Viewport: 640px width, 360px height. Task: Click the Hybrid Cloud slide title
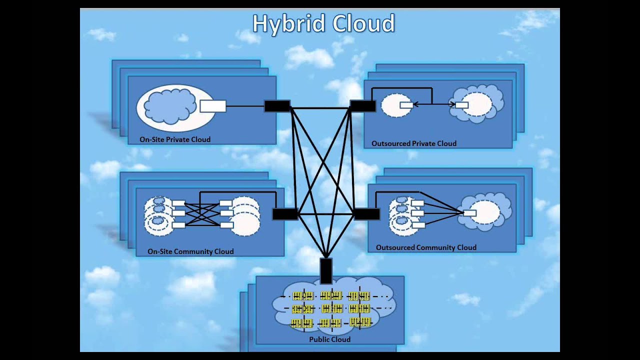tap(323, 24)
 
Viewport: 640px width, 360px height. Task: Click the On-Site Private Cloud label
tap(175, 139)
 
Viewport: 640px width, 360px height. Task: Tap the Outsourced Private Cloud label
tap(413, 143)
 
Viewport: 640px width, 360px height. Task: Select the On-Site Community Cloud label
tap(190, 251)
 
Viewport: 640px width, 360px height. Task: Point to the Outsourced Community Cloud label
tap(426, 247)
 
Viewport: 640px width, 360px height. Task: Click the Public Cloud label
tap(329, 339)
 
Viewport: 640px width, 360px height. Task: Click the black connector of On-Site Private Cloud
tap(277, 106)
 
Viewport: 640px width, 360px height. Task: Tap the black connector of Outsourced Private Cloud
tap(362, 106)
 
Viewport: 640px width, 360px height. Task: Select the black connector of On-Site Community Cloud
tap(285, 214)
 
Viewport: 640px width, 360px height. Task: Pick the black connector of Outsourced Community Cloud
tap(366, 214)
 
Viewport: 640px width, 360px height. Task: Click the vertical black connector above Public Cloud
tap(325, 270)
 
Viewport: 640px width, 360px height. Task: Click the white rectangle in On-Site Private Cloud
tap(213, 106)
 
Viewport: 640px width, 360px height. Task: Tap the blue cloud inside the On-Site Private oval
tap(169, 106)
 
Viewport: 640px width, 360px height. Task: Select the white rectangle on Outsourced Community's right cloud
tap(469, 213)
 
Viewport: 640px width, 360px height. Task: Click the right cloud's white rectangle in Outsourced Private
tap(461, 105)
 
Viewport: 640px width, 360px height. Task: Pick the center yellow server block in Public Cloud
tap(331, 308)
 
